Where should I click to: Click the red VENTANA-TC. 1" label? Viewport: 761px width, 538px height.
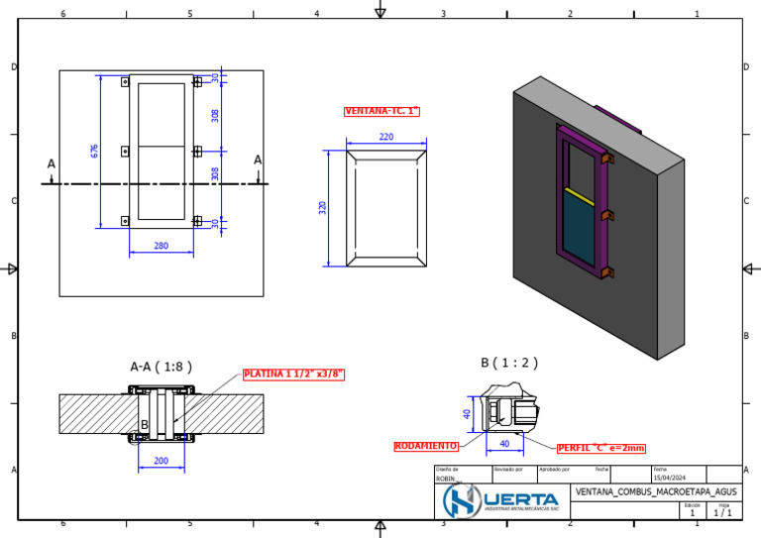(381, 111)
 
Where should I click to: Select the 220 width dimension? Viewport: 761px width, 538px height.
(385, 137)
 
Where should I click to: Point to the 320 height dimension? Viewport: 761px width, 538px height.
(322, 208)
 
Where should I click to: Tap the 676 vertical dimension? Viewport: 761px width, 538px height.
(95, 151)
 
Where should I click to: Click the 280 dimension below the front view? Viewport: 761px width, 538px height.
(161, 246)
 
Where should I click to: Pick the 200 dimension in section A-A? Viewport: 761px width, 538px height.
(161, 461)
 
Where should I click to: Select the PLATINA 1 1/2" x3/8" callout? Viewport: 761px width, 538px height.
(293, 375)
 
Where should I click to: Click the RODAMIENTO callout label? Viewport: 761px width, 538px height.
(426, 446)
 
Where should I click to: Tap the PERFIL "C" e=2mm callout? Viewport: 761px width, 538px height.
(600, 448)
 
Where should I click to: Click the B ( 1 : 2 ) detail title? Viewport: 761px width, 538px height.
(508, 363)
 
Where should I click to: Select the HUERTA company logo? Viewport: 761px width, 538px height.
(502, 498)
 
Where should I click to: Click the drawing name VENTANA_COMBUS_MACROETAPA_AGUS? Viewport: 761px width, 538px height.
(656, 491)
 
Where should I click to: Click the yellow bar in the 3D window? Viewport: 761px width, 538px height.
(579, 193)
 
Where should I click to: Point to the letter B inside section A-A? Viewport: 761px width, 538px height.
(144, 425)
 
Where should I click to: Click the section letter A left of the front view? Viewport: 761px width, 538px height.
(52, 163)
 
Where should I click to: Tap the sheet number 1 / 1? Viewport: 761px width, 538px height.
(723, 512)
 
